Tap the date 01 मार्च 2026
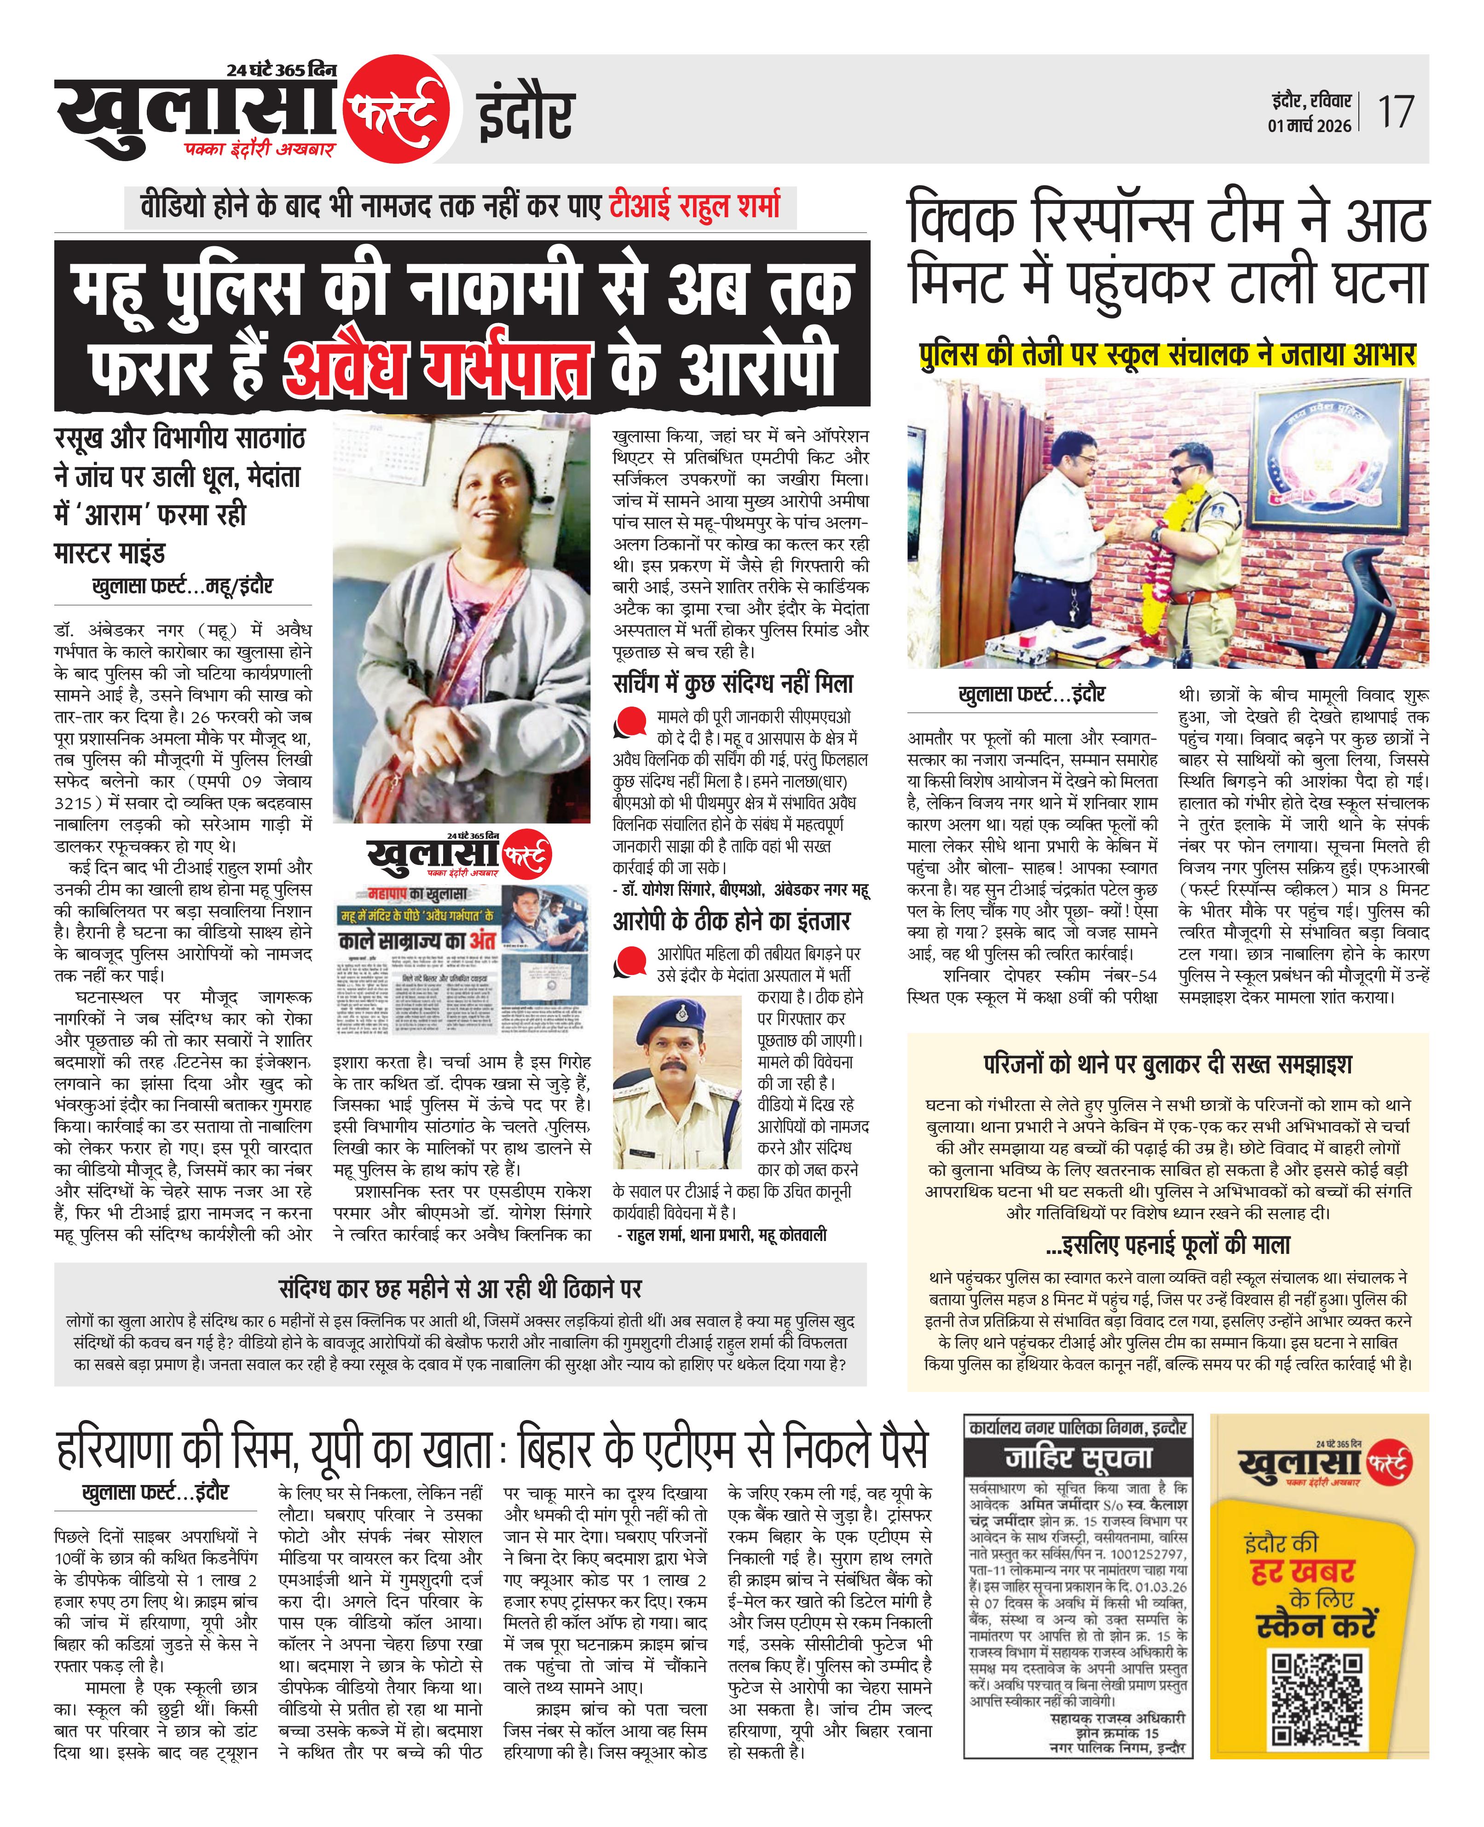coord(1310,126)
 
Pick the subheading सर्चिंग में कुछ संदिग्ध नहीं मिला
coord(733,684)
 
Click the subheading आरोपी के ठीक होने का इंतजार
coord(731,921)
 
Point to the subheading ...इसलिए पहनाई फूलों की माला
coord(1167,1245)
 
